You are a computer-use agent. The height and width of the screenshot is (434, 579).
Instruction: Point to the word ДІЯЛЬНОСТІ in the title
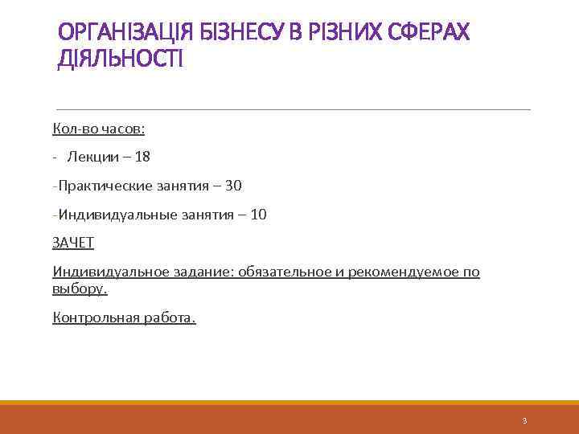pos(121,59)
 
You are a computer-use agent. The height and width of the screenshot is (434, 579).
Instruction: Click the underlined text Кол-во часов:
pos(98,129)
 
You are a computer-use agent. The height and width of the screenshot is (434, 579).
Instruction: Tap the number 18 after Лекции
pos(142,157)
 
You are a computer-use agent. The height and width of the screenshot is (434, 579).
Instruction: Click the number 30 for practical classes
pos(233,186)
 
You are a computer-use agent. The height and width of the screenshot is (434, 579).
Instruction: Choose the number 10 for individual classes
pos(259,215)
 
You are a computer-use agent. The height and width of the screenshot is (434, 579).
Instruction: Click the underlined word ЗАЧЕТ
pos(73,243)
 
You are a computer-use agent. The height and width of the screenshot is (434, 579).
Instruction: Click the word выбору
pos(79,288)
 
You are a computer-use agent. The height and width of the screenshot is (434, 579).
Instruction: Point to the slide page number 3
pos(524,420)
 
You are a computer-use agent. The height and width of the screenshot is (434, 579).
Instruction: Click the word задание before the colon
pos(201,272)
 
